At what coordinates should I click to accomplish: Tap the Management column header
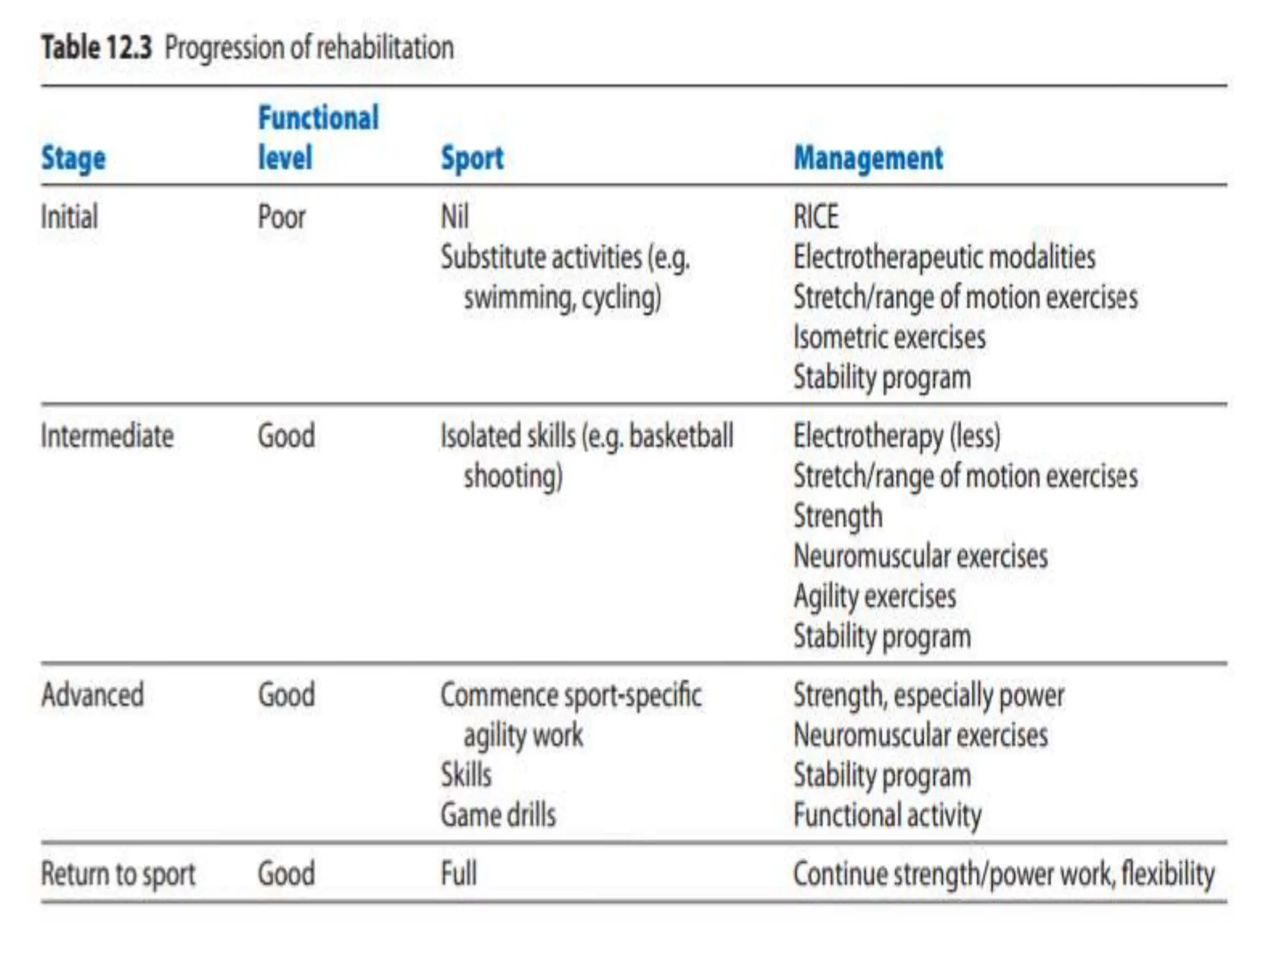(868, 158)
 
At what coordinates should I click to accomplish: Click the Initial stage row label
(70, 217)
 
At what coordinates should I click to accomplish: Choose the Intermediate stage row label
(107, 436)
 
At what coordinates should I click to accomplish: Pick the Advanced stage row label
(92, 695)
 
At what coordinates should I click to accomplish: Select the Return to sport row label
(118, 874)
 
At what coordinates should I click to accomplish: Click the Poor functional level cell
(282, 217)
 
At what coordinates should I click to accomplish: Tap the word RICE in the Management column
(816, 217)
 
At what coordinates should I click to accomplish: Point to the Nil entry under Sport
(454, 217)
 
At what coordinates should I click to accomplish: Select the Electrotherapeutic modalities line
(944, 257)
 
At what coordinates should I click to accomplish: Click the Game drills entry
(498, 815)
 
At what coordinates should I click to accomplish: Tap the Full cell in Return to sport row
(459, 874)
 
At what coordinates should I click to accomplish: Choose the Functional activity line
(887, 815)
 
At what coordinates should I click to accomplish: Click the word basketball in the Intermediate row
(681, 436)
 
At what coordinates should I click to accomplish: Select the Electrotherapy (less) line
(897, 436)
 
